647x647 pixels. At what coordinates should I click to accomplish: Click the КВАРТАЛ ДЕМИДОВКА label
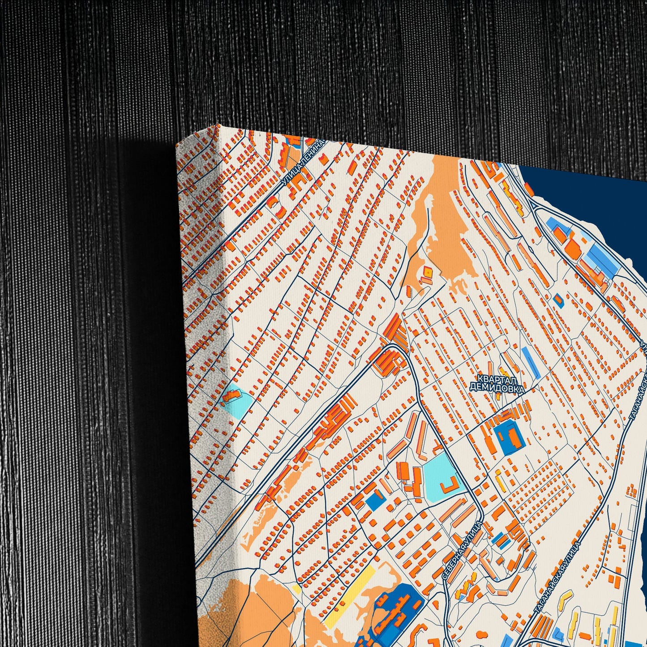(x=497, y=384)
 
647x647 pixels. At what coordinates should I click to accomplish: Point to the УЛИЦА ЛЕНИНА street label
(x=303, y=163)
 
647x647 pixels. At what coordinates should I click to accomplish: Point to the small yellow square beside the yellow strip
(x=296, y=587)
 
